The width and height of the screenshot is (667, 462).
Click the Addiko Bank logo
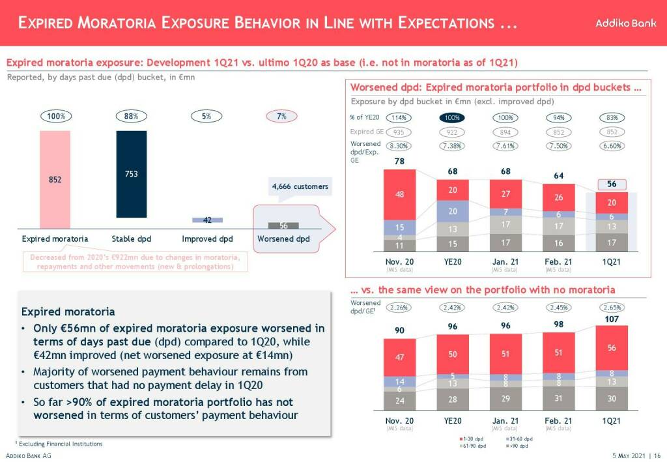[x=621, y=23]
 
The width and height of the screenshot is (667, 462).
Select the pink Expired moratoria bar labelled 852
[x=55, y=178]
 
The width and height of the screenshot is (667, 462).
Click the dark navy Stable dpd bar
[x=132, y=174]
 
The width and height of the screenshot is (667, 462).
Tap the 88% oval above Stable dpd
[x=132, y=116]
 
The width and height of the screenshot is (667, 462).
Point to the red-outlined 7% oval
[x=281, y=116]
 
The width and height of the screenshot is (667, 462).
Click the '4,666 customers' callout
[x=300, y=187]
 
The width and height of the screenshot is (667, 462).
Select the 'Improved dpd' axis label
[x=207, y=239]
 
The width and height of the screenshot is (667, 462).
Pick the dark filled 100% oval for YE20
[x=451, y=118]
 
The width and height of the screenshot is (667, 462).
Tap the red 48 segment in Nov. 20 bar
[x=400, y=194]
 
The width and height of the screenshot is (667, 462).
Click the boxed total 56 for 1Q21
[x=611, y=184]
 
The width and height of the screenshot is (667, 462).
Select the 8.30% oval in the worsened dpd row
[x=398, y=146]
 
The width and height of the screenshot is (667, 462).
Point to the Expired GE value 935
[x=398, y=132]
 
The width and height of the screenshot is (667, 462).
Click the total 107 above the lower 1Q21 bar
[x=611, y=319]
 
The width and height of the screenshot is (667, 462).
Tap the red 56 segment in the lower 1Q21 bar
[x=611, y=348]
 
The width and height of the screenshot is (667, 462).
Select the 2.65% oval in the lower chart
[x=611, y=307]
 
